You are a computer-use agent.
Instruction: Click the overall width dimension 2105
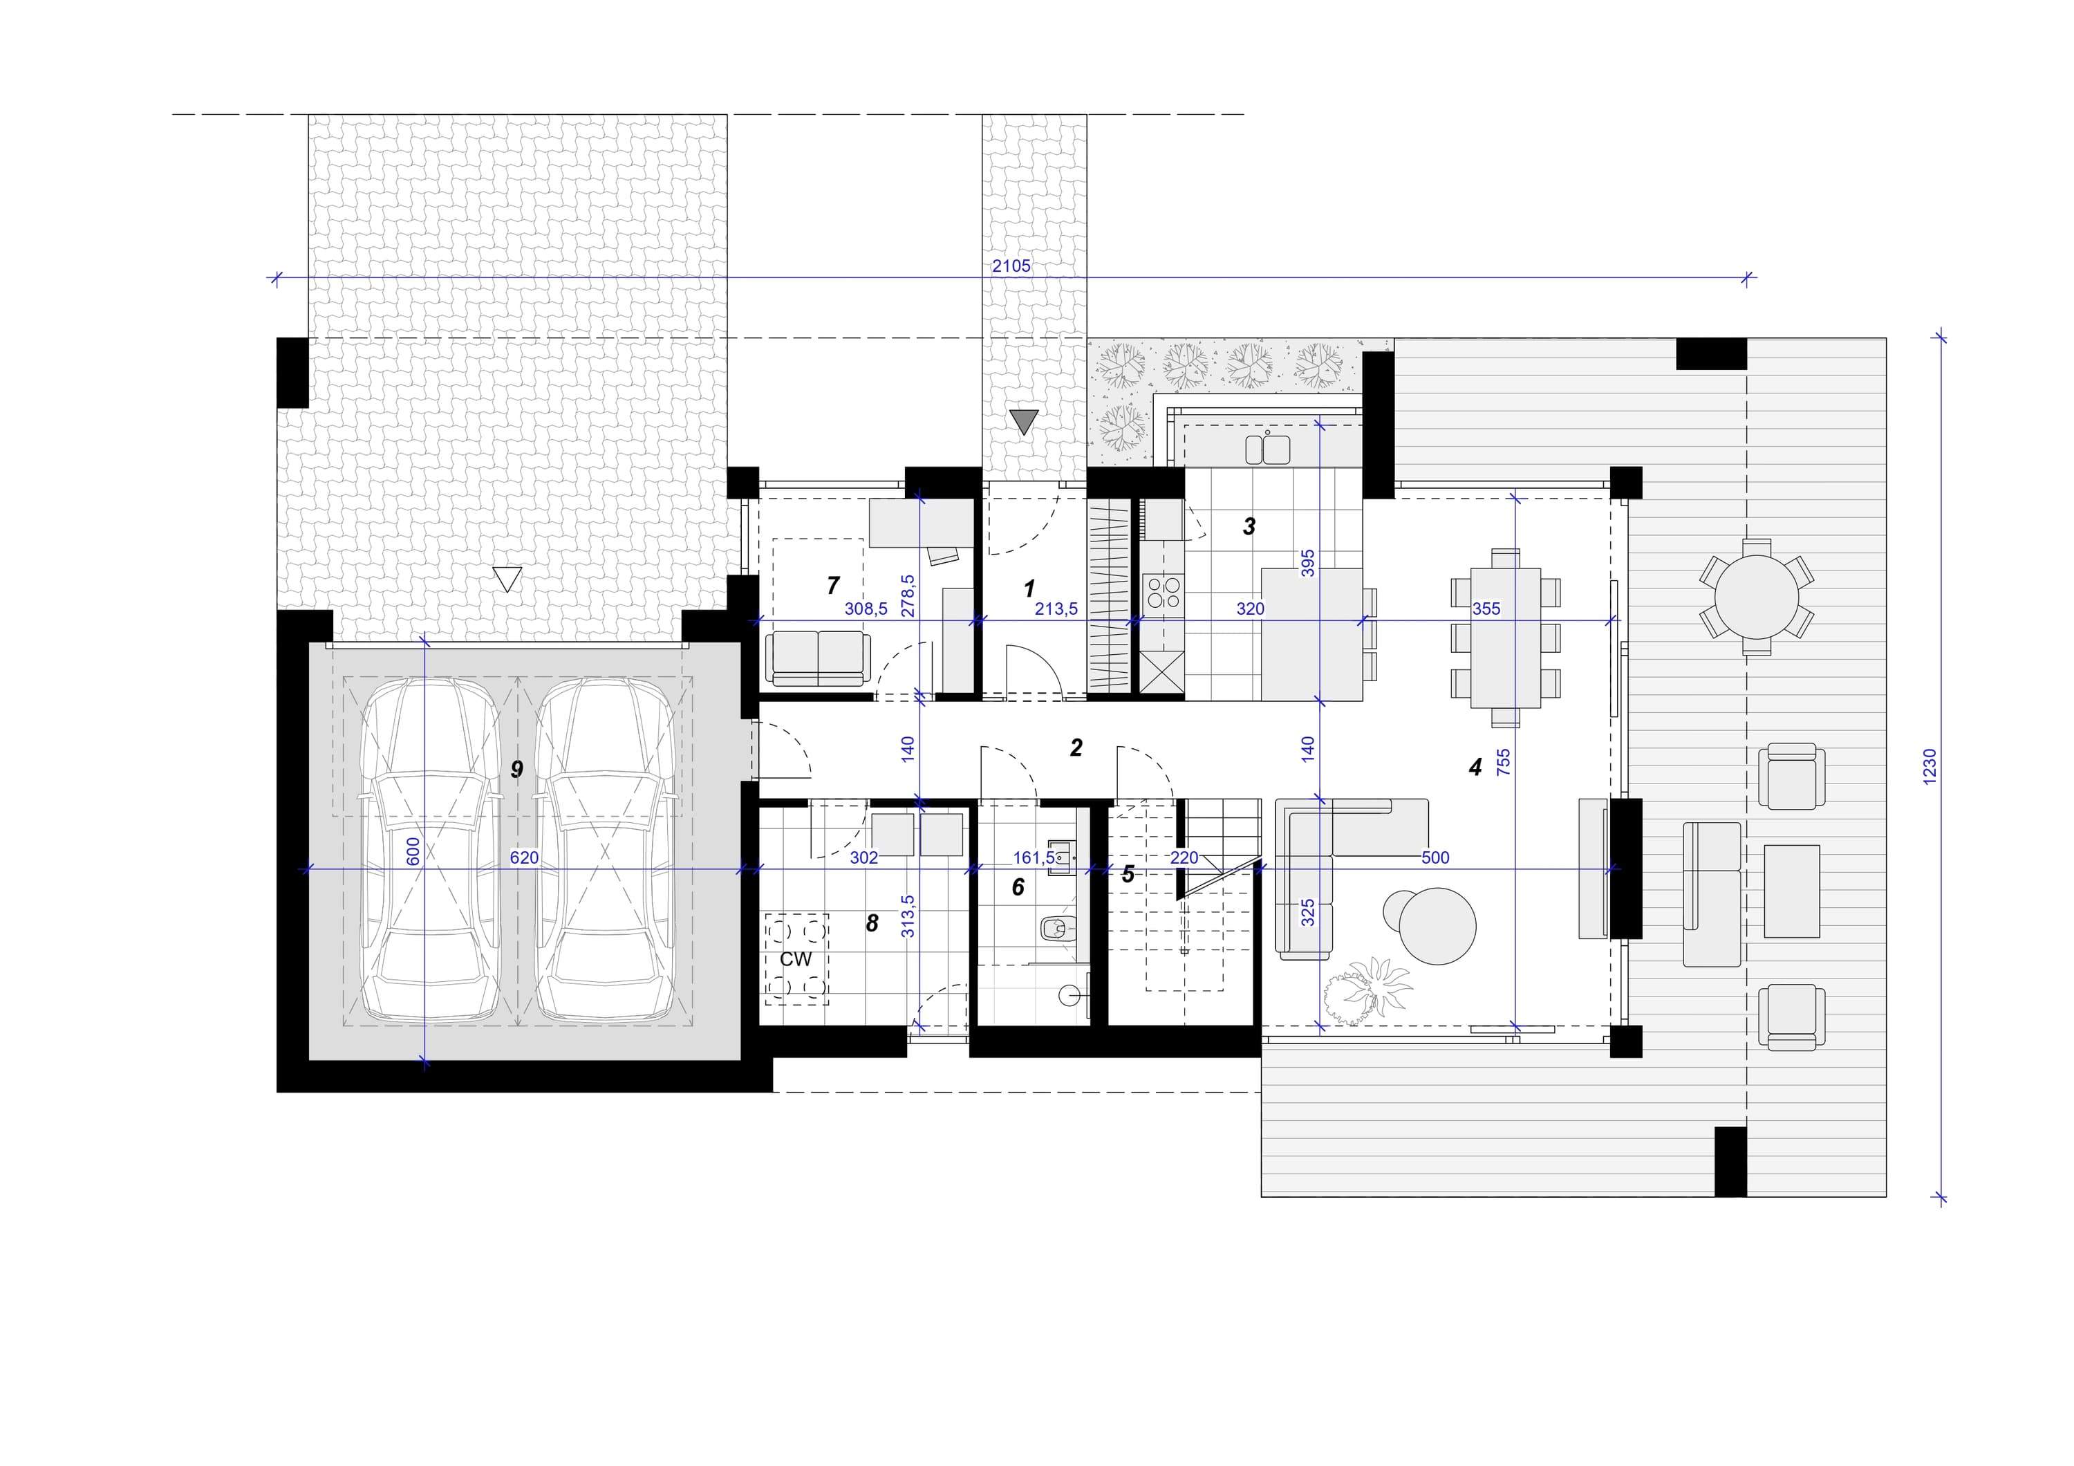tap(1011, 266)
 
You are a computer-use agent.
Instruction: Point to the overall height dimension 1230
tap(1930, 767)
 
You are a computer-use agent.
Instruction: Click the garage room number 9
tap(516, 770)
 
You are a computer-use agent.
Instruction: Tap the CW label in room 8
tap(796, 959)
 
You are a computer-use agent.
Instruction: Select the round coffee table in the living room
tap(1437, 926)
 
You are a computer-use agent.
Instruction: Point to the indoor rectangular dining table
tap(1505, 638)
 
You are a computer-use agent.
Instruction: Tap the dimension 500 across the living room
tap(1435, 857)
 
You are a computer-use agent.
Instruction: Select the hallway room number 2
tap(1076, 748)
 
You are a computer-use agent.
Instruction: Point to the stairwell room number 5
tap(1128, 874)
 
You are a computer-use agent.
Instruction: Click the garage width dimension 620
tap(524, 857)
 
